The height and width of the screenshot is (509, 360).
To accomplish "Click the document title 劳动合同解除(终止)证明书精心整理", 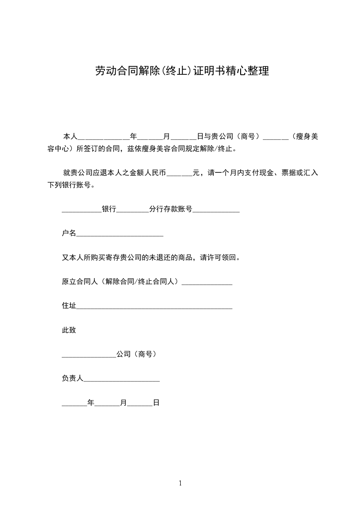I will tap(182, 71).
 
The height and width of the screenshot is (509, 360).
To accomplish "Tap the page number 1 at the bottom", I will tap(180, 483).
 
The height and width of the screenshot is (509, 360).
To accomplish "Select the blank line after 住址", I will tap(154, 306).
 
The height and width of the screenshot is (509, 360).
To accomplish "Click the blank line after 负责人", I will tap(122, 378).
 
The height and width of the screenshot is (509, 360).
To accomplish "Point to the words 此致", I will tap(69, 330).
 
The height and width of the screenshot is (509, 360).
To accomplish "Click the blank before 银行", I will tap(82, 210).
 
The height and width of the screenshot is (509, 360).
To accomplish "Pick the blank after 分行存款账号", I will tap(216, 210).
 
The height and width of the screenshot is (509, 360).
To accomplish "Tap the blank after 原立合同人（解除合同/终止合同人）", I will tap(207, 282).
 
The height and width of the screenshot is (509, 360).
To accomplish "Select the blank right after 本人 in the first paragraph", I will tap(104, 137).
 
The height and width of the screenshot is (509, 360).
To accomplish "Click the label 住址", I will tap(69, 306).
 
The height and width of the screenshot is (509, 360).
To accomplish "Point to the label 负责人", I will tap(73, 378).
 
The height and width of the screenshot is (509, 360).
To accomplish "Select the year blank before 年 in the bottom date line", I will tap(74, 403).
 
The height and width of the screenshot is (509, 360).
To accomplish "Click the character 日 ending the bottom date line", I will tap(156, 402).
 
